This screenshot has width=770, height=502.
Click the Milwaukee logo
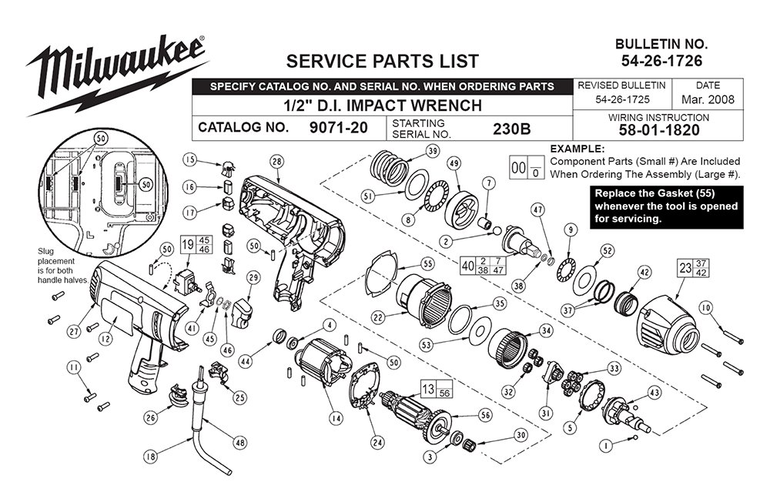pos(115,73)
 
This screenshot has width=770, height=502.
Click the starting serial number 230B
pos(511,128)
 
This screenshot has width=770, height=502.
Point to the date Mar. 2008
pos(708,99)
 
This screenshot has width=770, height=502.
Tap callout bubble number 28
pos(276,161)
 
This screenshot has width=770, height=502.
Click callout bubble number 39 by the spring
pos(432,150)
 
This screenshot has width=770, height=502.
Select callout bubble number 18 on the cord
pos(151,457)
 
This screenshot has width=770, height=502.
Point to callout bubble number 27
pos(74,332)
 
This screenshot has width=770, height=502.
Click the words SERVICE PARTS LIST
pos(382,61)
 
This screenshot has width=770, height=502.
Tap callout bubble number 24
pos(377,442)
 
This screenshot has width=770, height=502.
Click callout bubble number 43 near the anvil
pos(654,393)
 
